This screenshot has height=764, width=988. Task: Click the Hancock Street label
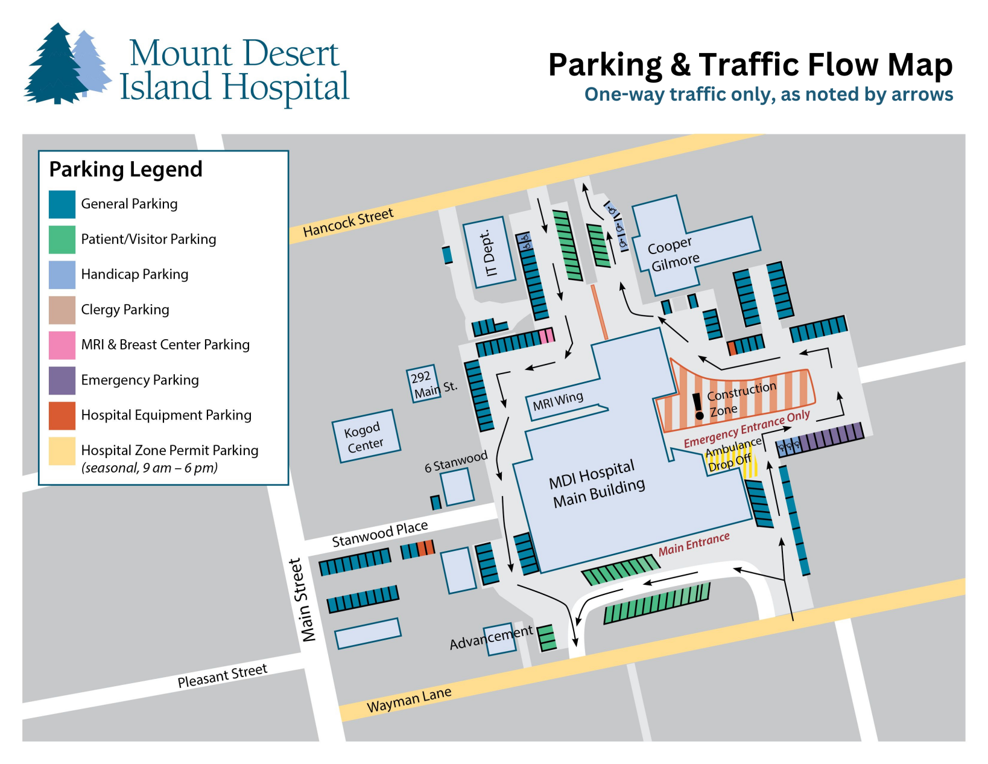tap(348, 222)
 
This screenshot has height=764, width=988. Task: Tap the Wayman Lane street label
tap(409, 700)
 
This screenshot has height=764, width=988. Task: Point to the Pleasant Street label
tap(222, 676)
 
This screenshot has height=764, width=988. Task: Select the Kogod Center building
tap(366, 436)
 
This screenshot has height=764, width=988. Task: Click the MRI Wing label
tap(557, 401)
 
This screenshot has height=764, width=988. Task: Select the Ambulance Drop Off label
tap(732, 454)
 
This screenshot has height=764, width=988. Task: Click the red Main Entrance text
tap(694, 544)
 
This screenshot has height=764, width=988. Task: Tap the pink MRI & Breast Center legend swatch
tap(62, 345)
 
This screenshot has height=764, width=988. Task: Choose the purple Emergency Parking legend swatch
tap(62, 380)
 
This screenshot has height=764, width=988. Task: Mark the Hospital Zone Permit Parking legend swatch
tap(62, 451)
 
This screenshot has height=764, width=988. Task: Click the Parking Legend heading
tap(125, 170)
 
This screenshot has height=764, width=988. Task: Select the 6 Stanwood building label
tap(455, 462)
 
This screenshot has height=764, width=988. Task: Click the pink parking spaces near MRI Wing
tap(546, 336)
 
